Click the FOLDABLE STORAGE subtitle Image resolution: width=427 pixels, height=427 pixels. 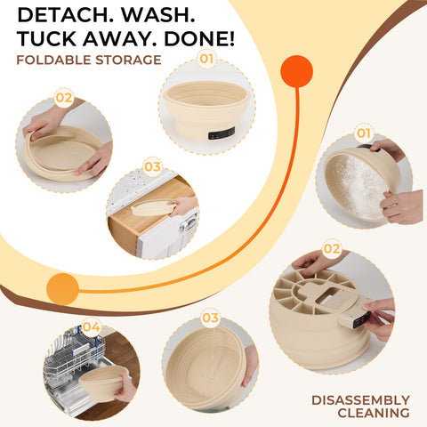pyautogui.click(x=88, y=60)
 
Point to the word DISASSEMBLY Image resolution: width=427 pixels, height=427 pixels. pyautogui.click(x=360, y=400)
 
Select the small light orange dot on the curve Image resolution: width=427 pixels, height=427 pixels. pyautogui.click(x=62, y=288)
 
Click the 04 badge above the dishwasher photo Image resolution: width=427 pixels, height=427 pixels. pyautogui.click(x=92, y=326)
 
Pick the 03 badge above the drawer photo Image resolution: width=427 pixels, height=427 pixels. pyautogui.click(x=153, y=166)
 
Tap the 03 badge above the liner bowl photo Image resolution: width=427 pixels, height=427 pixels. pyautogui.click(x=210, y=318)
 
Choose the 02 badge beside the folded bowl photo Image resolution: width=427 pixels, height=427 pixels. pyautogui.click(x=64, y=98)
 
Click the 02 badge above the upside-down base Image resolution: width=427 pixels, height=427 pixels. pyautogui.click(x=331, y=248)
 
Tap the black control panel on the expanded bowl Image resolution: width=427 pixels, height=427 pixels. pyautogui.click(x=222, y=133)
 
